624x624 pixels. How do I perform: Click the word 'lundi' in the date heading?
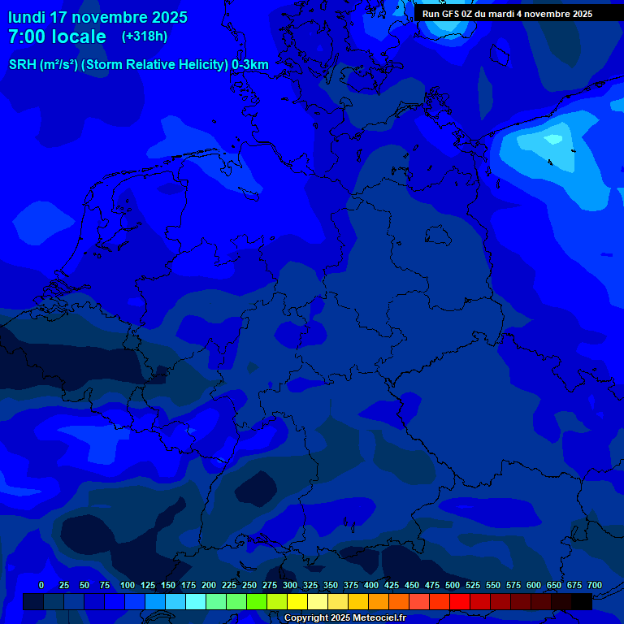tap(27, 17)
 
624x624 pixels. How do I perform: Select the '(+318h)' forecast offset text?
tap(145, 37)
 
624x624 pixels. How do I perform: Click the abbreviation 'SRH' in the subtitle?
tap(22, 65)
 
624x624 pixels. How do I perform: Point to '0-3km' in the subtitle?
tap(250, 65)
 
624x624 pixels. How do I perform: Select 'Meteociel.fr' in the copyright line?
tap(374, 618)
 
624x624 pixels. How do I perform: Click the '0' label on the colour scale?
tap(41, 585)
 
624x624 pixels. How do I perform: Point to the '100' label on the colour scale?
tap(128, 585)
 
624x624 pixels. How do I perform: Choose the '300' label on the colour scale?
tap(290, 585)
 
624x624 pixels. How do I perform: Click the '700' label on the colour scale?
tap(595, 585)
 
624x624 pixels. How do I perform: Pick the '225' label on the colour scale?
tap(229, 585)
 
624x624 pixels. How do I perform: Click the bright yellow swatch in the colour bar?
tap(297, 601)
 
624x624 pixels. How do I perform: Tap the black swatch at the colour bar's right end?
tap(582, 601)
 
